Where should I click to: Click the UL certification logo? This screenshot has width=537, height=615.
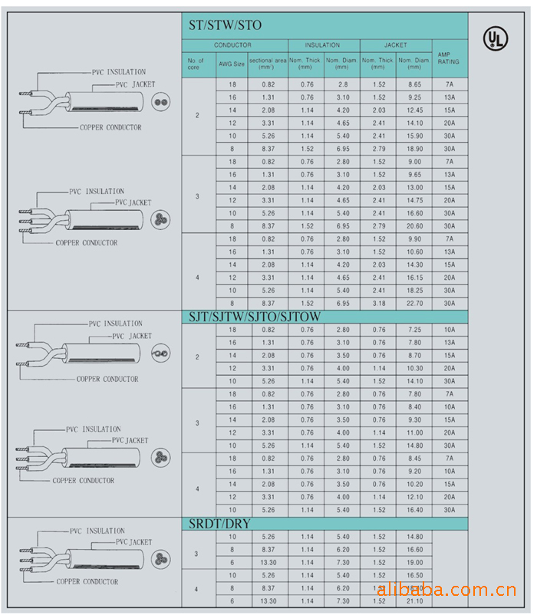click(496, 38)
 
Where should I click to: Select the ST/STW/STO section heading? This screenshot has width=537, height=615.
click(225, 25)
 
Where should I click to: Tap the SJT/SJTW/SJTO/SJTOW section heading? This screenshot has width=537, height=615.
click(255, 317)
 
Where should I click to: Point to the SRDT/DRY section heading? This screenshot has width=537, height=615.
click(220, 525)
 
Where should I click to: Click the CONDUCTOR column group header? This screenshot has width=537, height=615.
click(232, 45)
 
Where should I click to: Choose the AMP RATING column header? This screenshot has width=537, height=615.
click(449, 58)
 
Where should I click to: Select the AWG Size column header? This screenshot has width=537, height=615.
click(232, 64)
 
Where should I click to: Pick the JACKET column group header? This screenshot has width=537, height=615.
click(396, 45)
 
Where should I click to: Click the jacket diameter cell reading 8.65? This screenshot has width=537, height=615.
click(415, 84)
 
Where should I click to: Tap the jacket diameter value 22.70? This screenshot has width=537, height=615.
click(415, 304)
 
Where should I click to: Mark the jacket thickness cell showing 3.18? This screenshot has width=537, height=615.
click(379, 304)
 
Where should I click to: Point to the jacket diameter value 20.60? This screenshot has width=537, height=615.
click(415, 226)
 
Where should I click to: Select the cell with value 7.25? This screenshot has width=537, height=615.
click(415, 330)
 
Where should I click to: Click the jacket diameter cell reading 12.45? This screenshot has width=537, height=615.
click(415, 110)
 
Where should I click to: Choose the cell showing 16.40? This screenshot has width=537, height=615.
click(415, 510)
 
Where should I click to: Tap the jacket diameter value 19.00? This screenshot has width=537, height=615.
click(415, 562)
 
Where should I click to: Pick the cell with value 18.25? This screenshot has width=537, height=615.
click(415, 291)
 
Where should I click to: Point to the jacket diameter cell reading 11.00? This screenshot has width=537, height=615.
click(415, 432)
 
